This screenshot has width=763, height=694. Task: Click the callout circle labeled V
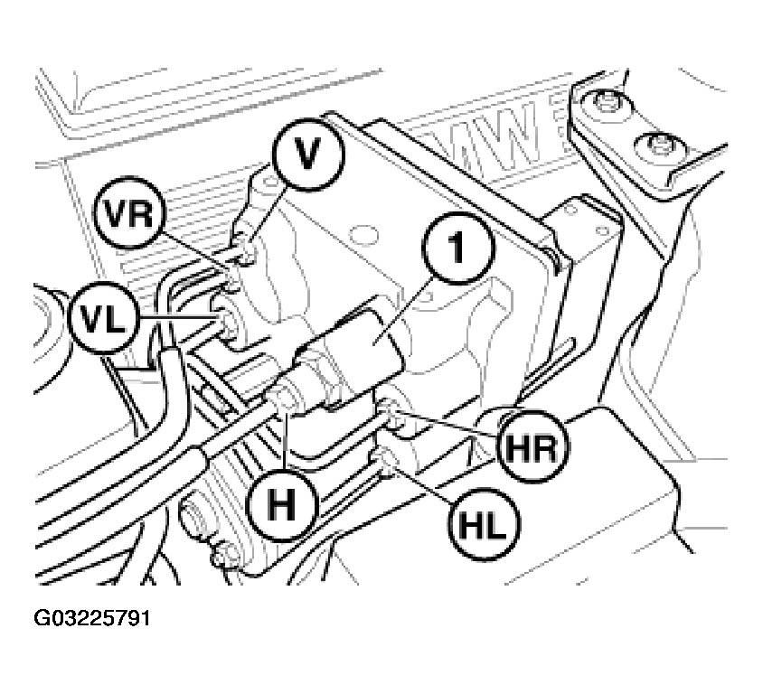pyautogui.click(x=308, y=155)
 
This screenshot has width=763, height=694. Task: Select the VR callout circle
pyautogui.click(x=130, y=213)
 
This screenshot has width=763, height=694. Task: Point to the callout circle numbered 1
pyautogui.click(x=458, y=248)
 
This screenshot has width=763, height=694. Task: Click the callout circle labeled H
pyautogui.click(x=283, y=505)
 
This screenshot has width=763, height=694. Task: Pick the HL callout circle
pyautogui.click(x=485, y=524)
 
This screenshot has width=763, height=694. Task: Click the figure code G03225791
pyautogui.click(x=92, y=618)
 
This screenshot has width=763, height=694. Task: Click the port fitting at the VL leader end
pyautogui.click(x=227, y=320)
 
